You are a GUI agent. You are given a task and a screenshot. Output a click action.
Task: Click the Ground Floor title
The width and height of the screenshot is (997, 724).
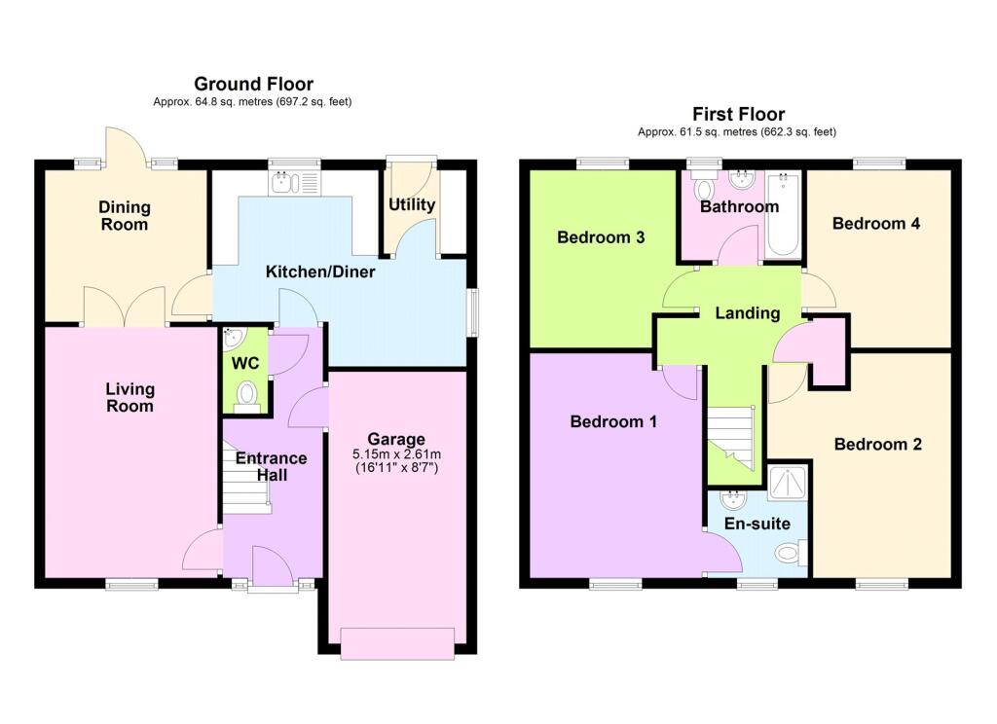pos(254,84)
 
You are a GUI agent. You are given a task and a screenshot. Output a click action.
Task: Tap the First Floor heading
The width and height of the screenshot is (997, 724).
pos(738,115)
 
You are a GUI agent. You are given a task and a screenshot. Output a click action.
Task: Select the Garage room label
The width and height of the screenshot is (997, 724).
pos(396,439)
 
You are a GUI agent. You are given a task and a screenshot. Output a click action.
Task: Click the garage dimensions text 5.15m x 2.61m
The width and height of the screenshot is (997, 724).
pos(397,454)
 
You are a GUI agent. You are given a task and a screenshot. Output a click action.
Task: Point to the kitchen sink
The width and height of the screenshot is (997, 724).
pos(295,182)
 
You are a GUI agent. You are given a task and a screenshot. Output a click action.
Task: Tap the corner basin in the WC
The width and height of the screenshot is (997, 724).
pos(233,337)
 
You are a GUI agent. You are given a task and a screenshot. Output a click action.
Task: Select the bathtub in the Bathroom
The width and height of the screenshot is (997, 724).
pos(784,215)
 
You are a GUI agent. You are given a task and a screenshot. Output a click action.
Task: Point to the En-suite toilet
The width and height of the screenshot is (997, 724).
pos(792,553)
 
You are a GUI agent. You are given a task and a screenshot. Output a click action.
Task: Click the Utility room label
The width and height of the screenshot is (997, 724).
pos(412,204)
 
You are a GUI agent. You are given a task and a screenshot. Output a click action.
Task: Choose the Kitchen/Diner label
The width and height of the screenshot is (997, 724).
pos(320,272)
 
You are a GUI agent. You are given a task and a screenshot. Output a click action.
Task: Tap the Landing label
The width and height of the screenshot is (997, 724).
pos(747,313)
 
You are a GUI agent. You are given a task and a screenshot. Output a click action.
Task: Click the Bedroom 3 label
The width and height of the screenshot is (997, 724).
pos(601,237)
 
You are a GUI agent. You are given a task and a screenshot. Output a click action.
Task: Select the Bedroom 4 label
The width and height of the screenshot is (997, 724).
pos(876,224)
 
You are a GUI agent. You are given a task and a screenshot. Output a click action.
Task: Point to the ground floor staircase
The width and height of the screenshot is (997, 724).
pos(246,479)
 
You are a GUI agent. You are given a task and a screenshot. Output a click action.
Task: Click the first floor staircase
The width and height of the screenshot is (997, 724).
pos(731,439)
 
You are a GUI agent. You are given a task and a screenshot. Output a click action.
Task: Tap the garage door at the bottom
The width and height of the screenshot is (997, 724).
pos(398,643)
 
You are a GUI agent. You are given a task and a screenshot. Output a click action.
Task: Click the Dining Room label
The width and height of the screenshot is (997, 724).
pos(125,215)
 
